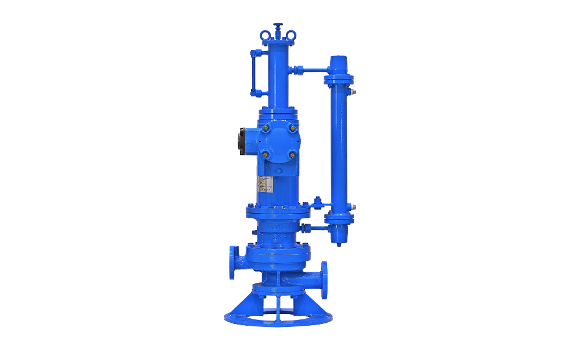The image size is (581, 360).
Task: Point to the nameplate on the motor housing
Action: point(264,184)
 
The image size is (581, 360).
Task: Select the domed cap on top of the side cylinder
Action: point(339,64)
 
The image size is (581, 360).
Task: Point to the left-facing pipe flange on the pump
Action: point(234,262)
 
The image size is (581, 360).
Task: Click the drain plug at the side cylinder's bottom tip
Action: point(339,244)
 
